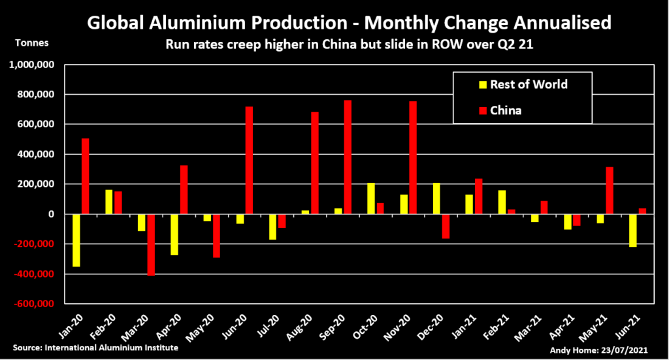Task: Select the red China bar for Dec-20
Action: pos(446,226)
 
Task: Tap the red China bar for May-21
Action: pos(609,190)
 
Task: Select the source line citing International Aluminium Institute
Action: pos(95,348)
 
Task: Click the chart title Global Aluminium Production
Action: pos(349,24)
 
